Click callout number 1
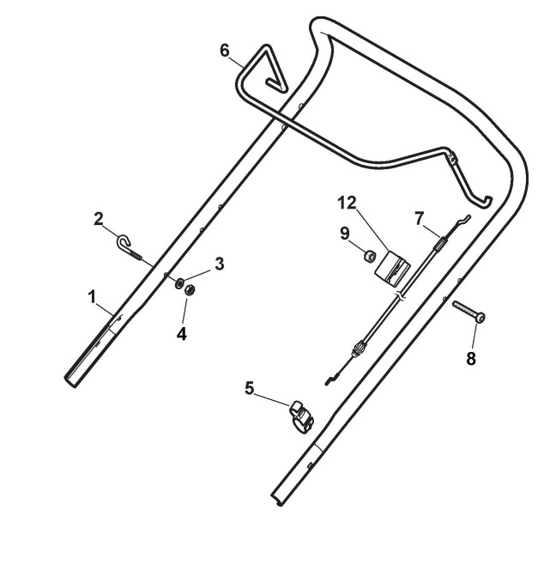coord(92,297)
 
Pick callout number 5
coord(249,389)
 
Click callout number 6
coord(224,51)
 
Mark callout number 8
coord(470,357)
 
